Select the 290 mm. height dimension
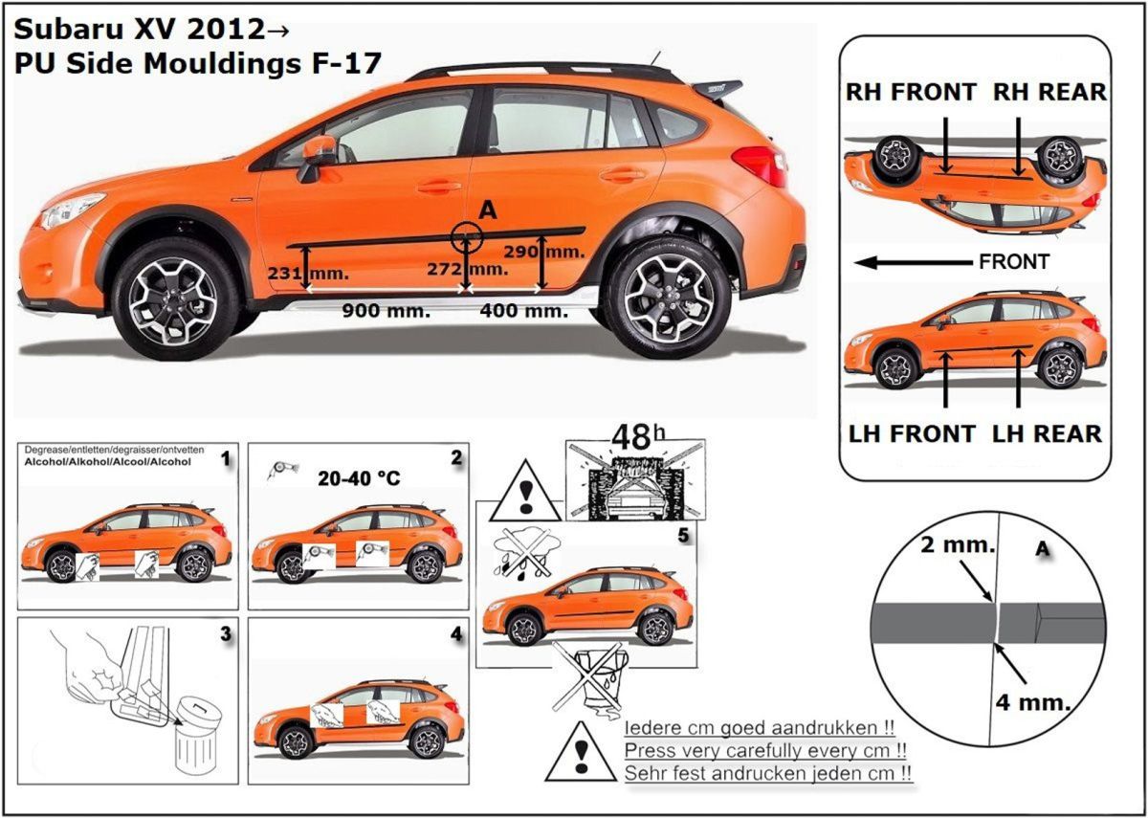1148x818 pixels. pyautogui.click(x=559, y=250)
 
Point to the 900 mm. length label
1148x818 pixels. pyautogui.click(x=386, y=310)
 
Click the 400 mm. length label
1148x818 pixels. pyautogui.click(x=523, y=310)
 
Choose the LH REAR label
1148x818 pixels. pyautogui.click(x=1047, y=433)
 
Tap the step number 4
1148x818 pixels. pyautogui.click(x=456, y=633)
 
